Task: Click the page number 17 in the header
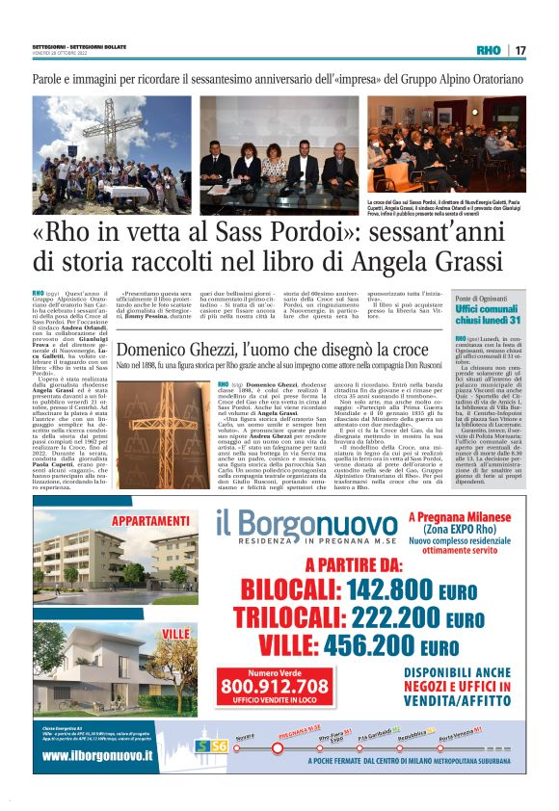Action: [520, 50]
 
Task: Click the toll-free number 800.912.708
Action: [275, 686]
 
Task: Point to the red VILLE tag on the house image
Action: [175, 632]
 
